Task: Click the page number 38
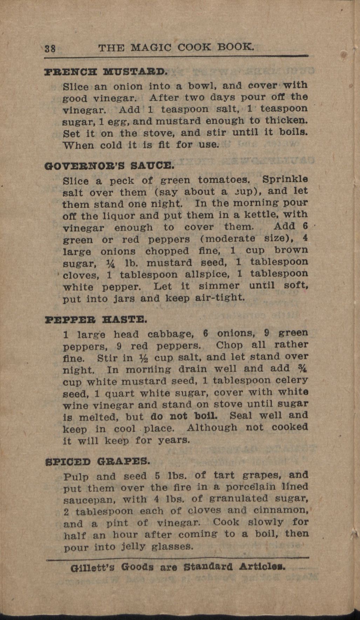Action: point(50,48)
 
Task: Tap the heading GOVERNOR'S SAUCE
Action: point(109,165)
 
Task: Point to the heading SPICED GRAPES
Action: point(98,461)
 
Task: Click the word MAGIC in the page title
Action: point(151,47)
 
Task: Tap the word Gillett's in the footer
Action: point(93,567)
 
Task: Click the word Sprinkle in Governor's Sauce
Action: point(285,179)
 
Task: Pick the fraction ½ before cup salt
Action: point(144,358)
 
